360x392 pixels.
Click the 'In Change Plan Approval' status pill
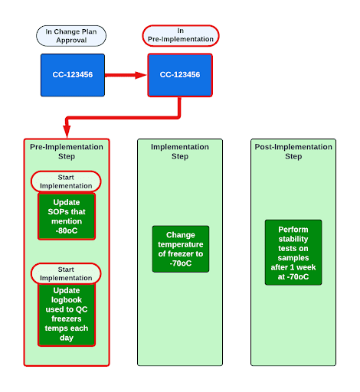(x=71, y=35)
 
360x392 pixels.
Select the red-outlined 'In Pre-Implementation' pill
(x=180, y=35)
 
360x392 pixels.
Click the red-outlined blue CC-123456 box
(x=180, y=74)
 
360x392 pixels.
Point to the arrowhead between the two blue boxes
(x=140, y=75)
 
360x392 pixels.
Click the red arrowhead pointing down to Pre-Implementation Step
(x=67, y=132)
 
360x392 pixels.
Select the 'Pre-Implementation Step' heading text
(x=66, y=151)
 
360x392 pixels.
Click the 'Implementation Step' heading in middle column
(x=180, y=151)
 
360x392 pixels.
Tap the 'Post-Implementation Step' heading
(x=293, y=151)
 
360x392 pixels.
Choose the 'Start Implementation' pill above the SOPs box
(x=66, y=181)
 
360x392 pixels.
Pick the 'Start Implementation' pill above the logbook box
(x=66, y=273)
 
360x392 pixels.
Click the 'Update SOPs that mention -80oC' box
(x=66, y=216)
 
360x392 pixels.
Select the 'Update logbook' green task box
(x=66, y=314)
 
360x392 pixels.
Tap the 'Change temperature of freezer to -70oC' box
(x=180, y=249)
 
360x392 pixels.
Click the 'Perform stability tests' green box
(x=293, y=253)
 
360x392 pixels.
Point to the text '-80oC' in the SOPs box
(x=66, y=230)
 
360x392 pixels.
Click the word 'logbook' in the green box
(x=66, y=301)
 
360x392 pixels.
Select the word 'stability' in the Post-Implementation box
(x=293, y=239)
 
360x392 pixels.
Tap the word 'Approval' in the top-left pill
(x=71, y=40)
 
